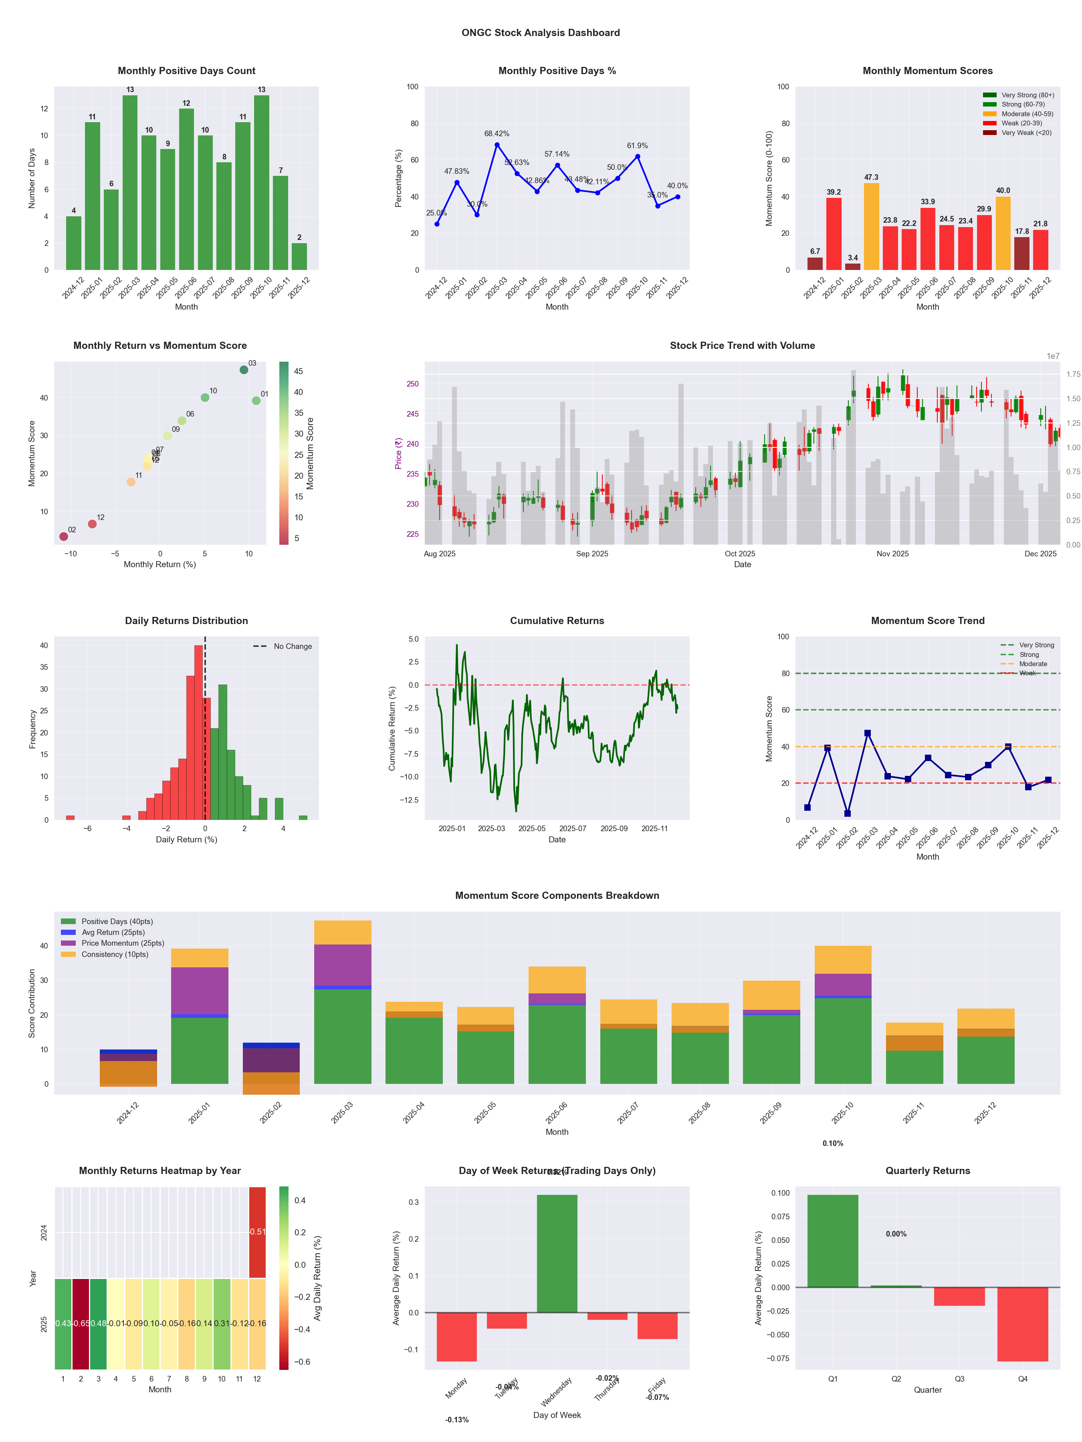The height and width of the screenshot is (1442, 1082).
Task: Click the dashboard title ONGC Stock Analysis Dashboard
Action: point(541,32)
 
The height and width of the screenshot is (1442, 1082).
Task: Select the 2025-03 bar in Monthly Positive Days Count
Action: point(130,183)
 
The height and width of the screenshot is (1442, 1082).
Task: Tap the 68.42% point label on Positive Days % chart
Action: point(497,134)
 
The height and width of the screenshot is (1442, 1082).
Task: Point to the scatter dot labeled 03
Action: point(244,370)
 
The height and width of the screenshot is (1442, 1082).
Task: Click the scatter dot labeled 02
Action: point(63,536)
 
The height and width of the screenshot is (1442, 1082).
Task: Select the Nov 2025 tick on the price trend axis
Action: point(892,554)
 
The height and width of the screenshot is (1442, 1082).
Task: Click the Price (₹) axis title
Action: point(398,453)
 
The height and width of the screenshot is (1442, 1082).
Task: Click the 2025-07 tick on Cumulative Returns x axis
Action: point(573,829)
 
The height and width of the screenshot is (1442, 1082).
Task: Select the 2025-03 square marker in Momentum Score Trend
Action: point(868,733)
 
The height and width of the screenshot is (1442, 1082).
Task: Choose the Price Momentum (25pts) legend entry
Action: point(123,943)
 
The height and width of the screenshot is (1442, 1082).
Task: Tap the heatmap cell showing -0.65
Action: point(81,1323)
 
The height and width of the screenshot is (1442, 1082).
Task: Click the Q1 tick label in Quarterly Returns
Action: point(833,1379)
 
